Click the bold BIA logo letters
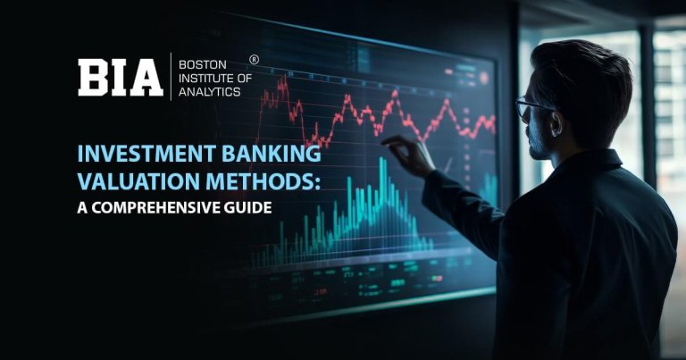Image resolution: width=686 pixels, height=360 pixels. (120, 78)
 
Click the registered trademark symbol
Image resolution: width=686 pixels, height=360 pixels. (254, 59)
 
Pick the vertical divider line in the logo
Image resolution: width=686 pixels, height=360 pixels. (171, 78)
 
